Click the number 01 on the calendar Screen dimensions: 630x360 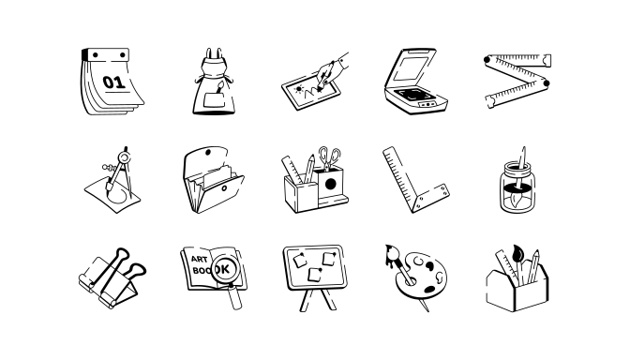pos(114,82)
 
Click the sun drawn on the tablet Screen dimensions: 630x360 pos(298,89)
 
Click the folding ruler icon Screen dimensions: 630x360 pos(517,81)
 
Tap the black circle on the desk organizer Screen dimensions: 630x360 pos(330,184)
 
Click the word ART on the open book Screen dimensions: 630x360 pos(199,259)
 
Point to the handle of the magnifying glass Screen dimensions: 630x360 pos(236,296)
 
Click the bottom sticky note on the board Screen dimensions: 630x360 pos(315,275)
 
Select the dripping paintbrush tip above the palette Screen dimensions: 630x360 pos(391,254)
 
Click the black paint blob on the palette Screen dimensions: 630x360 pos(430,290)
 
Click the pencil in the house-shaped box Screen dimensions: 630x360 pos(533,266)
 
